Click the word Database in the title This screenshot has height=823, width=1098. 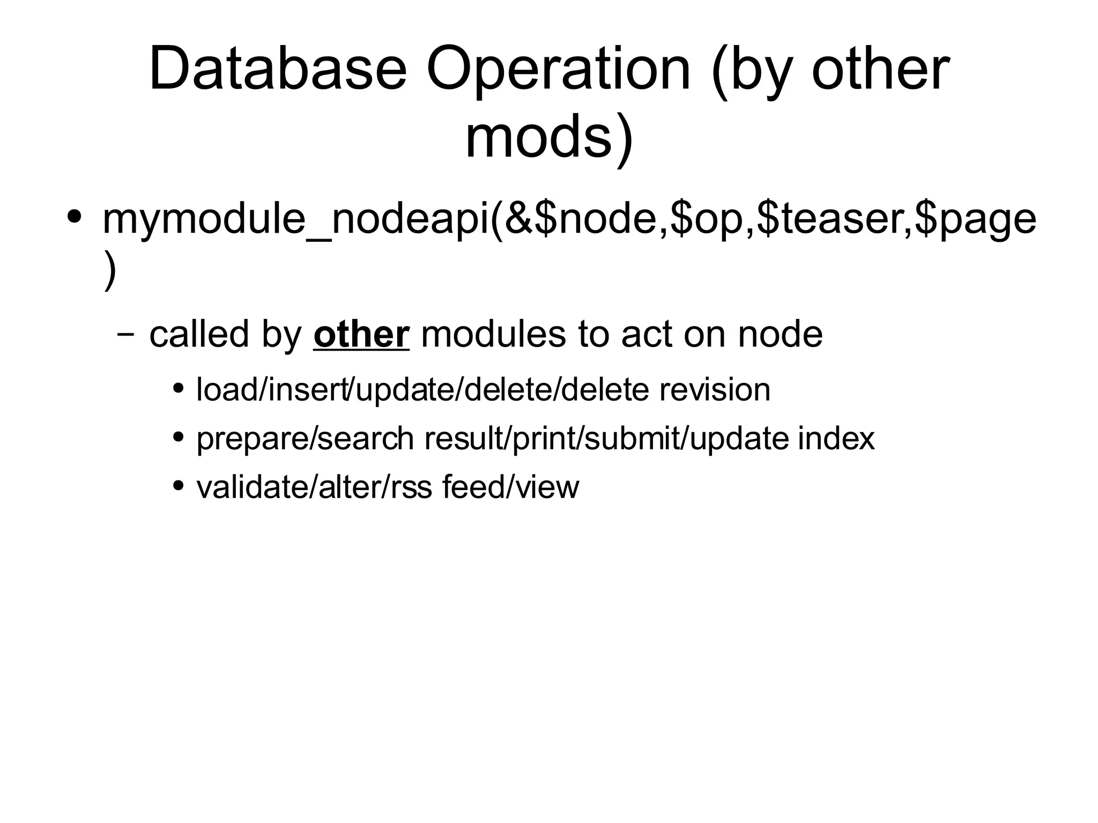278,70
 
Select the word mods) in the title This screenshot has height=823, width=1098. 549,138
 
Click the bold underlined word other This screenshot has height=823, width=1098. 361,334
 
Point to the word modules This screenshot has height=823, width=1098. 493,334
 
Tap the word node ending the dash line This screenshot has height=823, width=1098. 780,334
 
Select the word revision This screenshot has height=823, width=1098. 715,389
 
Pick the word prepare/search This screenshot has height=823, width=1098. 305,439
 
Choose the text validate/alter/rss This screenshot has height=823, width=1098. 314,487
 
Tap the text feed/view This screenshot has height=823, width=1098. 510,487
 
